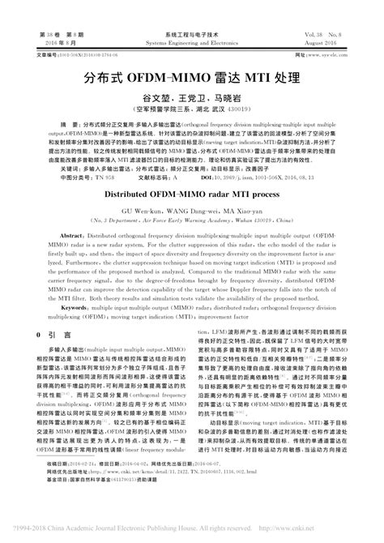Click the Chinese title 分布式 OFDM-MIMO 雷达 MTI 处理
(191, 79)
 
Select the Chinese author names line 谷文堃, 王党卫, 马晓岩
(191, 96)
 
